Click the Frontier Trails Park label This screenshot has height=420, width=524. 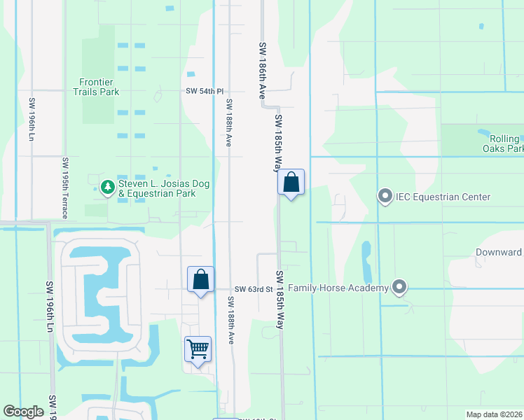[97, 87]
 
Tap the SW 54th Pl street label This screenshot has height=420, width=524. [205, 92]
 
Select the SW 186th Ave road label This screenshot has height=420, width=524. [263, 68]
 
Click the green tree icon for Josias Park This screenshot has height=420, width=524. [107, 187]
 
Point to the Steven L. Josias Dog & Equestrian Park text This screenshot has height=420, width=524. [158, 188]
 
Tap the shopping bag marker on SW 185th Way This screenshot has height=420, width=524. [291, 183]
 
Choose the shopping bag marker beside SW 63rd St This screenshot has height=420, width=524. [200, 280]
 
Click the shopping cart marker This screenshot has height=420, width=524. [198, 349]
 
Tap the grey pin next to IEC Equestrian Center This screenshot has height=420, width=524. [385, 197]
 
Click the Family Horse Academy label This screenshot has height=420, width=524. [338, 288]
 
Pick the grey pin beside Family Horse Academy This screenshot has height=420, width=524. [399, 287]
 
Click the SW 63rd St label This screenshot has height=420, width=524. [253, 289]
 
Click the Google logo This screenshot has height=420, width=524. [23, 412]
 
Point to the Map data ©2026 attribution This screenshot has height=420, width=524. [494, 414]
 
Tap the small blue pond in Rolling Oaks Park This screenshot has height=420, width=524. [485, 132]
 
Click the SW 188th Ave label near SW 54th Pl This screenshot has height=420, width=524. [228, 122]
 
